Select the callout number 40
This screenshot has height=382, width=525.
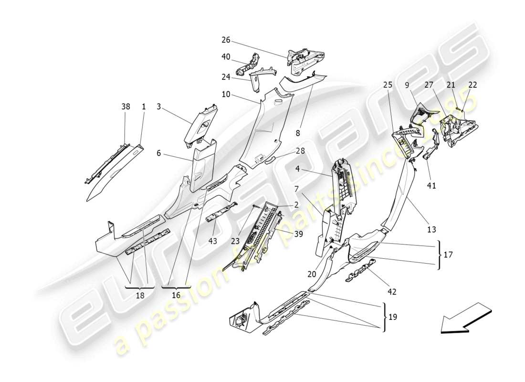coord(226,57)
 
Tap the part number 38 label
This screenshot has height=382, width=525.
coord(126,108)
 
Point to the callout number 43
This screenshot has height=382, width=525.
coord(212,241)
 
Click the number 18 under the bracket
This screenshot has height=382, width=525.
coord(140,296)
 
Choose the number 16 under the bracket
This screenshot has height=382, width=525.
coord(176,296)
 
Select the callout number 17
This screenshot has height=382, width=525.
coord(448,255)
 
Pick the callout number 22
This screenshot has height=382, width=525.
coord(472,85)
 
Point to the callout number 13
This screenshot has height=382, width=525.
coord(431,229)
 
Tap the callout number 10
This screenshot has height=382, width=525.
coord(226,94)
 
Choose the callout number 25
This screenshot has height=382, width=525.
coord(388,85)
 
